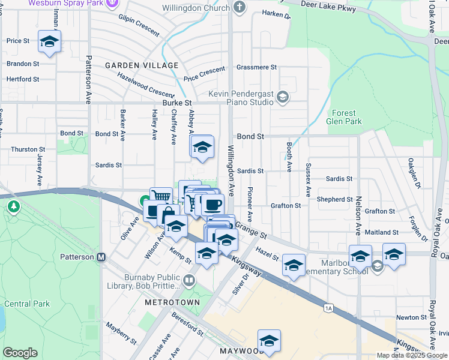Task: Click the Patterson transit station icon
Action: pos(101,257)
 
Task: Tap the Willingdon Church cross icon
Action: pos(240,8)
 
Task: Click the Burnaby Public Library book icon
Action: pos(190,280)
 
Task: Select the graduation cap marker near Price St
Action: pos(49,41)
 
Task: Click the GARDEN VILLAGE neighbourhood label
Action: pos(142,65)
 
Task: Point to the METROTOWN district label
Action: pos(167,303)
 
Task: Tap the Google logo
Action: pos(20,353)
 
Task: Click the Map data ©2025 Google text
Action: pos(411,355)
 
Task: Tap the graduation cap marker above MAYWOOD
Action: pos(270,341)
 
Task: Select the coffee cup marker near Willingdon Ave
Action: pos(212,205)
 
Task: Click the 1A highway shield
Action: pos(328,308)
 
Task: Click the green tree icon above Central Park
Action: pos(14,206)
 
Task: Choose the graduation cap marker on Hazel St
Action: pos(294,265)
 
